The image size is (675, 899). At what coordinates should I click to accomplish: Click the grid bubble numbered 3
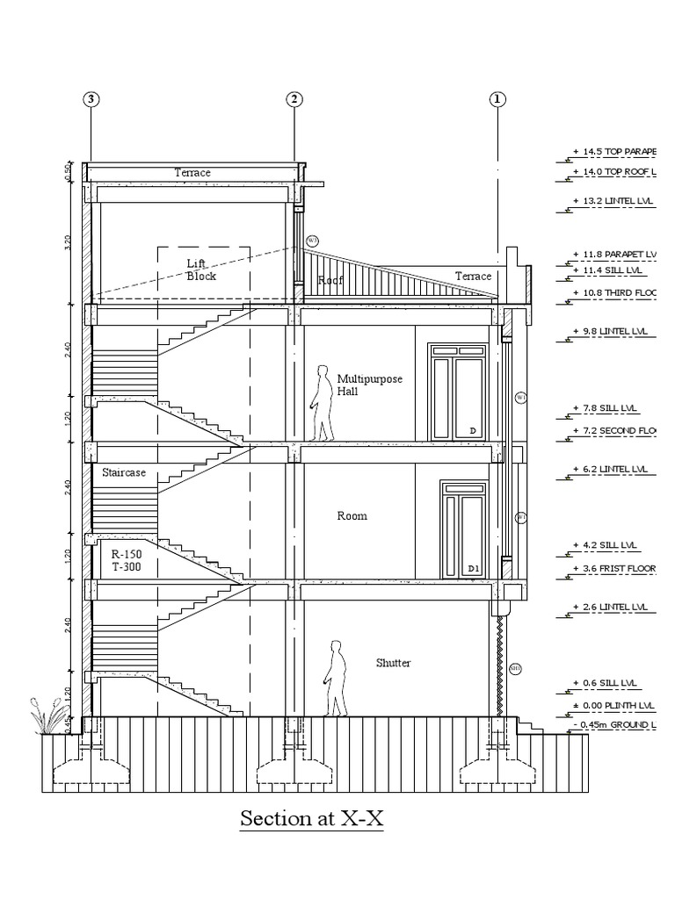[x=91, y=99]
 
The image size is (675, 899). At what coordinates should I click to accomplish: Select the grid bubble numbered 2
[x=294, y=99]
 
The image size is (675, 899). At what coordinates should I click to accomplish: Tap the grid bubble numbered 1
[x=498, y=99]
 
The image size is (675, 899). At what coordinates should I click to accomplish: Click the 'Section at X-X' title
[x=312, y=819]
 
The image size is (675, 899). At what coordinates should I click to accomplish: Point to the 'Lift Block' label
[x=200, y=270]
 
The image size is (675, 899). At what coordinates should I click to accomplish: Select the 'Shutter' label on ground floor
[x=393, y=663]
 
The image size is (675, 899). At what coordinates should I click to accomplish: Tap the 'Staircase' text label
[x=123, y=473]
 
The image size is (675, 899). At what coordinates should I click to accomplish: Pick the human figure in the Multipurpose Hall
[x=323, y=403]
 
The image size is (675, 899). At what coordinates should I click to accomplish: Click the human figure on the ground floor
[x=335, y=678]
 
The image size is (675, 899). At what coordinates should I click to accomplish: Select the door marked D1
[x=463, y=532]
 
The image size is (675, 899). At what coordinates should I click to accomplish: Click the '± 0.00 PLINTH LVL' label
[x=614, y=705]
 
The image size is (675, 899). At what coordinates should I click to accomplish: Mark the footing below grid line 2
[x=294, y=773]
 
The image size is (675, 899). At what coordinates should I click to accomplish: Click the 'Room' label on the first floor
[x=352, y=516]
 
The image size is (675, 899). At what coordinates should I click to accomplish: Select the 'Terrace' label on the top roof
[x=192, y=173]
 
